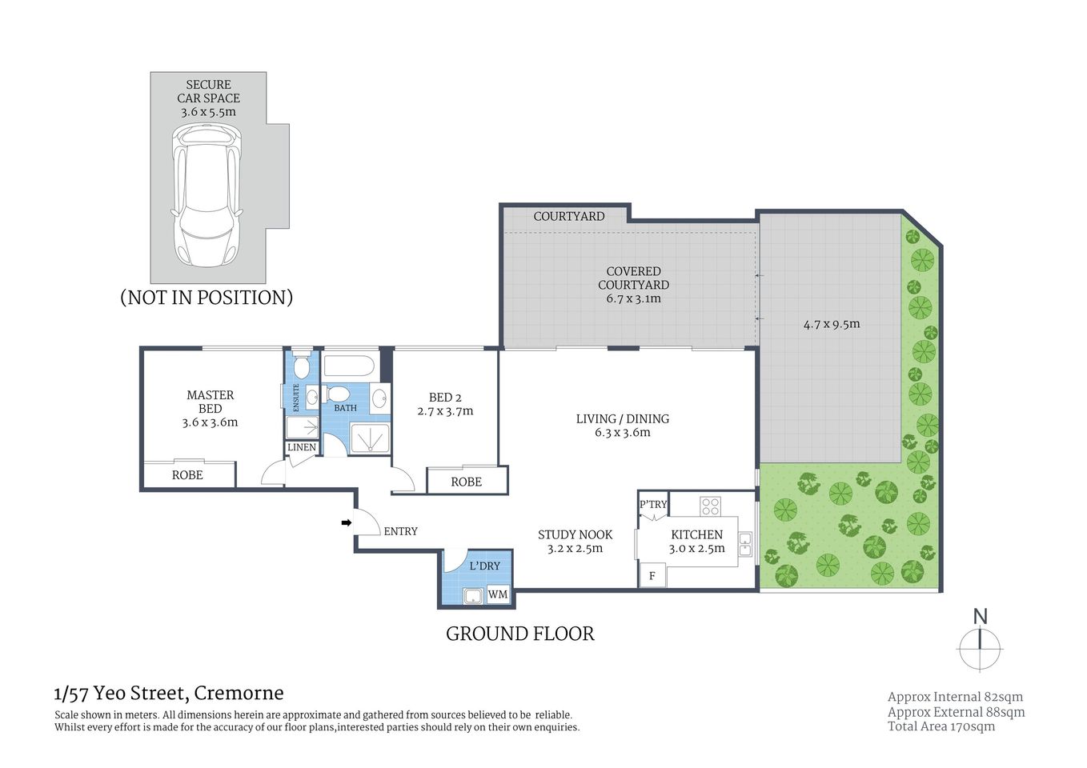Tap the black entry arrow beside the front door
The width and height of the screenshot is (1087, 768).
point(346,523)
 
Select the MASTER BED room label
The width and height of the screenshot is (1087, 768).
point(210,402)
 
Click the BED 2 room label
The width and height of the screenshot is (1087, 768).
point(445,398)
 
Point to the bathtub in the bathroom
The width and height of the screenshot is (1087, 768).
point(348,367)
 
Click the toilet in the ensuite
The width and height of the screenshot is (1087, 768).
point(301,368)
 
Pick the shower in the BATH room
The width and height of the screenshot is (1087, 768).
point(370,438)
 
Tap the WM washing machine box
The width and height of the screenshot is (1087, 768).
point(498,594)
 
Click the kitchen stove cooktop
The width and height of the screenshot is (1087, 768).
point(710,506)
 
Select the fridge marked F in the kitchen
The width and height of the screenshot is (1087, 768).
point(652,575)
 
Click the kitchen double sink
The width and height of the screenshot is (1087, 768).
point(745,544)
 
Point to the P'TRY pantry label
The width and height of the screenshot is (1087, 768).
point(653,504)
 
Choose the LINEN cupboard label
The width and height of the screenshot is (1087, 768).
point(302,447)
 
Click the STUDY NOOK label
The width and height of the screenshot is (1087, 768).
point(575,534)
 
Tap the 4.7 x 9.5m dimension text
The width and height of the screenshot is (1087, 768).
point(832,324)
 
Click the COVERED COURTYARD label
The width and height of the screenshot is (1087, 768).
point(633,278)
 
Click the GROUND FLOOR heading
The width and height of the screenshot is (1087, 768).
point(519,634)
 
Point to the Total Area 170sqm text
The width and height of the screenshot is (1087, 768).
point(941,726)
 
